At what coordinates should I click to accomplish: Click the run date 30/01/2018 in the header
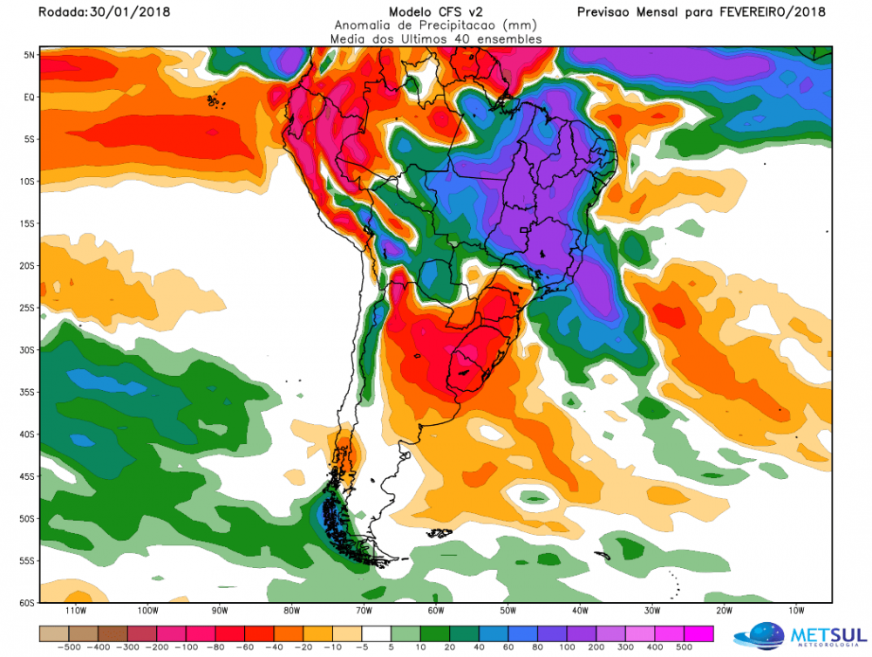132,12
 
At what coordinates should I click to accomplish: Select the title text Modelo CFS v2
437,11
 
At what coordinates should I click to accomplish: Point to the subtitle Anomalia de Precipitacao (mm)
436,25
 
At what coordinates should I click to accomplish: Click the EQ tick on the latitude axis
29,97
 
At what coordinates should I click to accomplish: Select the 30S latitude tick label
28,350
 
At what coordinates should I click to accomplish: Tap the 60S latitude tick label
28,602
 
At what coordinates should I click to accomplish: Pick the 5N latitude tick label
29,55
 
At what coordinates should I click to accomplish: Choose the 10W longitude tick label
796,611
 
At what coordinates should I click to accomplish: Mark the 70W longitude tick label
364,611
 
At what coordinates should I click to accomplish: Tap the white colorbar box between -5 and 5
377,633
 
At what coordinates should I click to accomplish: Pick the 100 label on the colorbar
568,648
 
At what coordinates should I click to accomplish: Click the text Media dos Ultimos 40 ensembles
436,39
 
